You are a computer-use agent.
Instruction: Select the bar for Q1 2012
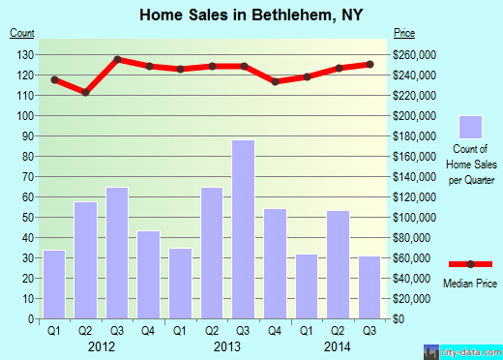[54, 285]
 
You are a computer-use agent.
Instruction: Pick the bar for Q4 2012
[149, 275]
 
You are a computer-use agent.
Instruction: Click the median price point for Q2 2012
[86, 92]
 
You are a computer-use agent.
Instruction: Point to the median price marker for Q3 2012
[117, 59]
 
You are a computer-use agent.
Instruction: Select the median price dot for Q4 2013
[276, 81]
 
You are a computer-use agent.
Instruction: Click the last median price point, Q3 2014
[370, 64]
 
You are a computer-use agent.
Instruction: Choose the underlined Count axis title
[22, 33]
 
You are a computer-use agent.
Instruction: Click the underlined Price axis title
[403, 33]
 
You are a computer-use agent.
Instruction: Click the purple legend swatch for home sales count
[471, 128]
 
